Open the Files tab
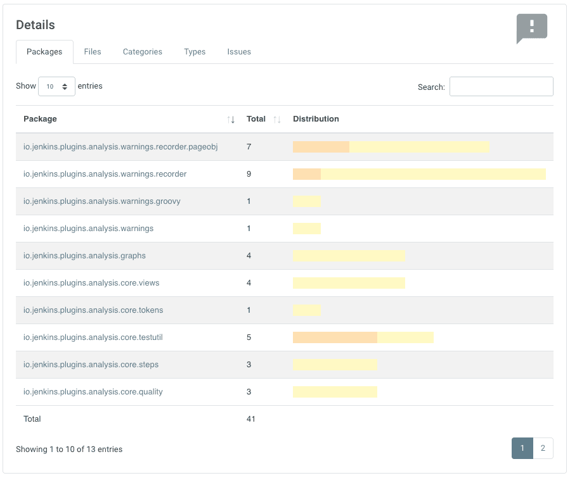93,52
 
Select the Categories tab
143,52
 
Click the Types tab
195,52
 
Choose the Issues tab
239,52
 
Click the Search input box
501,87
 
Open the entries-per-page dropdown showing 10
56,87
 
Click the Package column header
41,119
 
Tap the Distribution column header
316,119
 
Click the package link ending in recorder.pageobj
120,147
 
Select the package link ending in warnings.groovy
102,201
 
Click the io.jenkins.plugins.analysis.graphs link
84,256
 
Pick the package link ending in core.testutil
93,337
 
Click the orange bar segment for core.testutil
335,337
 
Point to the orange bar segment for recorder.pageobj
321,147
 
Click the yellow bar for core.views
349,283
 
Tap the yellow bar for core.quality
335,392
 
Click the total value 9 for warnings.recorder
249,174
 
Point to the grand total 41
251,419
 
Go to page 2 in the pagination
543,448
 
